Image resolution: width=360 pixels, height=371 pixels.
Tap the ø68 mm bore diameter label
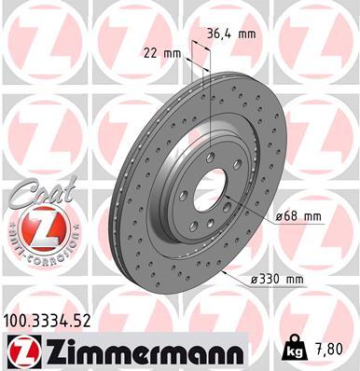click(298, 216)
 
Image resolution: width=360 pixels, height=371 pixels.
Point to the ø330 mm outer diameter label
click(303, 279)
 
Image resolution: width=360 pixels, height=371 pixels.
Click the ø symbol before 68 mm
click(280, 216)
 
